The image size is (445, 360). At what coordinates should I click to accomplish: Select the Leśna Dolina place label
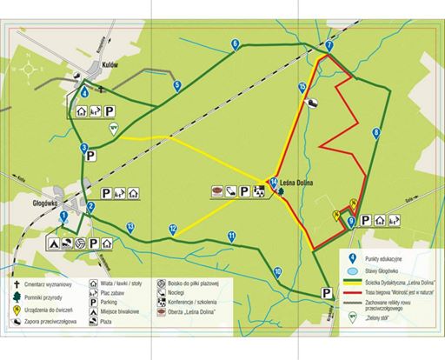pos(296,183)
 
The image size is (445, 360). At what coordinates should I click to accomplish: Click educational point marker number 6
pos(236,43)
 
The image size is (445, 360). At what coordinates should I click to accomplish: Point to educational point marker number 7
pos(329,45)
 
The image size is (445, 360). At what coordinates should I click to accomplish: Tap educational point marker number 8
pos(375,132)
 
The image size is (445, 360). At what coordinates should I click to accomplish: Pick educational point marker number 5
pos(176,84)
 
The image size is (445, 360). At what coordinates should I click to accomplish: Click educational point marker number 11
pos(231,236)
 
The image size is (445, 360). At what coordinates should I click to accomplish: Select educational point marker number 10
pos(276,272)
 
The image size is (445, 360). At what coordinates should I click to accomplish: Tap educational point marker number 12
pos(173,230)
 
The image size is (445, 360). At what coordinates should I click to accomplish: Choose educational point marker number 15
pos(302,87)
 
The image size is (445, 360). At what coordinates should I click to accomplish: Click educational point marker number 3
pos(84,149)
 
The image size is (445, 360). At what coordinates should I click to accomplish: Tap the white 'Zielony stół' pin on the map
pos(112,128)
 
